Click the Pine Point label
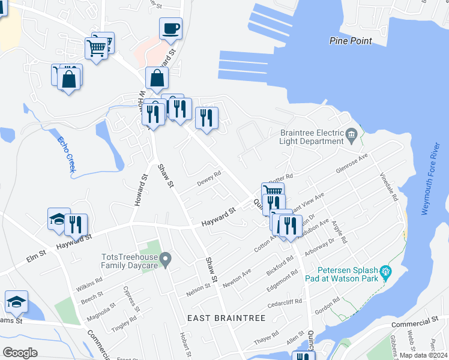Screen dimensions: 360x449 [x=351, y=41]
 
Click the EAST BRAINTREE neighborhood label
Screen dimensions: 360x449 [x=226, y=318]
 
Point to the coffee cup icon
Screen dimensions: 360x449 [x=170, y=28]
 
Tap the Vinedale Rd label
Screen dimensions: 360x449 [x=389, y=187]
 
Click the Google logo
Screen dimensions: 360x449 [x=20, y=352]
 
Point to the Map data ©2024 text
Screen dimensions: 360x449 [x=424, y=355]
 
